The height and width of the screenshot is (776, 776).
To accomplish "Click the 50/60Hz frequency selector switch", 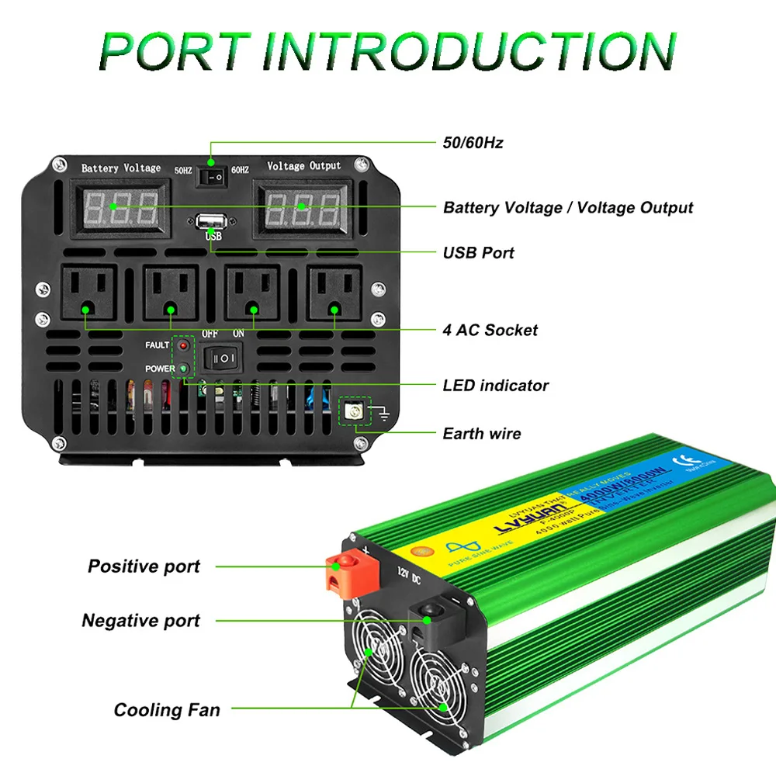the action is tap(211, 178).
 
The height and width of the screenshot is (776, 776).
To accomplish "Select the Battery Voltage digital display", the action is tap(121, 207).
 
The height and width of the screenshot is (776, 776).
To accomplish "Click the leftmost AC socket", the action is tap(88, 293).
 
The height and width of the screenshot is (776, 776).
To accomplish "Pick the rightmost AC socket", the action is tap(335, 293).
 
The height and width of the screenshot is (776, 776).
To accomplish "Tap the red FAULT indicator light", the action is tap(184, 345).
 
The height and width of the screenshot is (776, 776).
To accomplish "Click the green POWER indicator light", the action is tap(184, 369).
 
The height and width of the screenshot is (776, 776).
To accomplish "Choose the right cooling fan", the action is tap(442, 687).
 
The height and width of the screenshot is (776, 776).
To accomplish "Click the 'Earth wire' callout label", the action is tap(481, 433).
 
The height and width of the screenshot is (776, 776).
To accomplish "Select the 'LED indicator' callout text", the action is tap(495, 385).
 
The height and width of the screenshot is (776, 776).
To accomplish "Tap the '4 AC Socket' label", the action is tap(490, 330).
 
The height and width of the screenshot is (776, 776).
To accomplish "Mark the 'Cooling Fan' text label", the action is tap(167, 709).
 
